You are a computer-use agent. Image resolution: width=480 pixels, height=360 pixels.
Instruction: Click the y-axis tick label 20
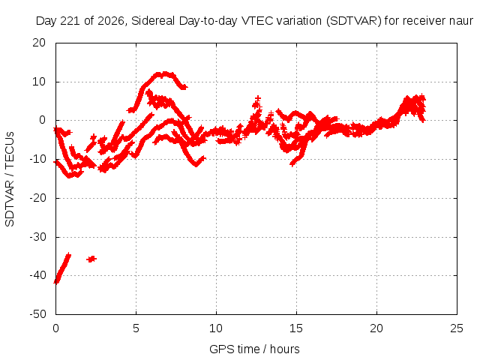pos(39,43)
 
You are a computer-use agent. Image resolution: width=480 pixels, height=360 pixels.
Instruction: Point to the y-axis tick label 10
pos(39,82)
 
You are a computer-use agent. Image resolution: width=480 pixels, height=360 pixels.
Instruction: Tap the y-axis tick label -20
pos(37,198)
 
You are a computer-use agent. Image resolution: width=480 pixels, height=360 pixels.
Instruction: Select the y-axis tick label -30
pos(37,237)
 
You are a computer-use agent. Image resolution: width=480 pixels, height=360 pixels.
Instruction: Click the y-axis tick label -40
pos(37,275)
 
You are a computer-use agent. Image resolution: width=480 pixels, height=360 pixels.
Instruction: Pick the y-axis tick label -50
pos(37,313)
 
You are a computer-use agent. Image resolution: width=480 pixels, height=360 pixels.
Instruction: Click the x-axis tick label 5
pos(136,328)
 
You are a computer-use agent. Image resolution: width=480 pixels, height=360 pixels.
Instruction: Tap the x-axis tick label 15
pos(296,328)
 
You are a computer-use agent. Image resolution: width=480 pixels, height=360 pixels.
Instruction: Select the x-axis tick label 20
pos(376,328)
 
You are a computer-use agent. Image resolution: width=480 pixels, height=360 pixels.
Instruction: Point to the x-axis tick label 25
pos(457,328)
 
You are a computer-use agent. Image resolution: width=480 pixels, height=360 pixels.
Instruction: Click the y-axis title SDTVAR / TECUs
pos(10,179)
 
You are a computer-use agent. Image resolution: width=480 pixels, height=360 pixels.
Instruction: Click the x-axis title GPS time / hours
pos(254,349)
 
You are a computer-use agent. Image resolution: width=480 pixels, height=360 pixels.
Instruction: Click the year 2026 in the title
pos(111,21)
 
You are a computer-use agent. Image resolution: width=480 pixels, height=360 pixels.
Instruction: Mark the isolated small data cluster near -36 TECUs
pos(91,259)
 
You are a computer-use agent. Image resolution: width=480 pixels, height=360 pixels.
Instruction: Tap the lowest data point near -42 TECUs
pos(56,281)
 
